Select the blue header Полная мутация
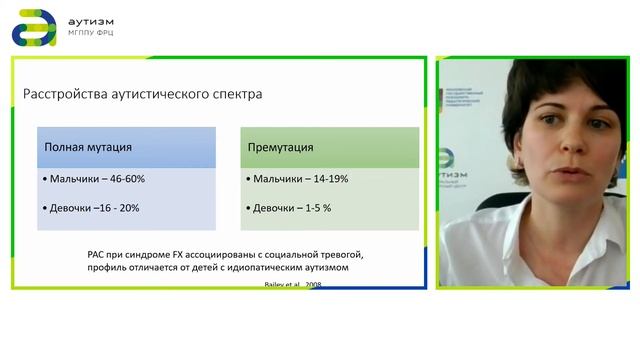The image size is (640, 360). coord(88,147)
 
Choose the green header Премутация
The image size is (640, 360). coord(280,147)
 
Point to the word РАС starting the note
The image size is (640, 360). coord(98,255)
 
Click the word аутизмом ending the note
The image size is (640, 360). coord(324,268)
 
